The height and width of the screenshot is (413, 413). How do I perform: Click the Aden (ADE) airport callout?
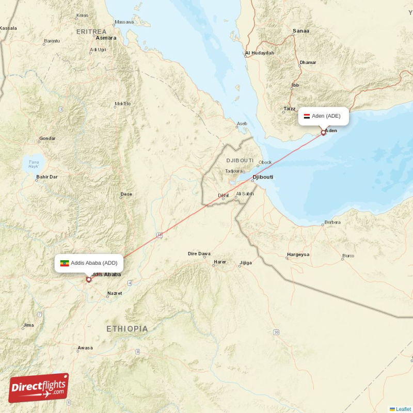click(x=324, y=116)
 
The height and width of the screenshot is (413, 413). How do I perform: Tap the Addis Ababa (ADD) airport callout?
click(x=89, y=263)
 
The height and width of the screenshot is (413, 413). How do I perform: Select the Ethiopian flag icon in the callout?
click(x=65, y=263)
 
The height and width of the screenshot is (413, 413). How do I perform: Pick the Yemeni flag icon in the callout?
click(x=307, y=116)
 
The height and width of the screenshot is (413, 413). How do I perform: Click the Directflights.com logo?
click(x=39, y=388)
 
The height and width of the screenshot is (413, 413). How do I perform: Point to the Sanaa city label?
click(x=301, y=31)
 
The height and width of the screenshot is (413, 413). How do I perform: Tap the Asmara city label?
click(x=106, y=38)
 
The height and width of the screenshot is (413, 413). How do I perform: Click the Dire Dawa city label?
click(x=199, y=253)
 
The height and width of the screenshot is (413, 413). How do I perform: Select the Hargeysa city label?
click(x=298, y=255)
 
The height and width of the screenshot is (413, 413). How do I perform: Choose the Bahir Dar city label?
click(x=46, y=178)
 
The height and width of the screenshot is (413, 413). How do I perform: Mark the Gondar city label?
click(x=47, y=139)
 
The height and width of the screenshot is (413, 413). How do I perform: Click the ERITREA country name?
click(x=91, y=31)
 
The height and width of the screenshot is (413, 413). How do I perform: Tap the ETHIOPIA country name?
click(x=127, y=329)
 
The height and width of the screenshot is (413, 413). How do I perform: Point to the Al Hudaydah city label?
click(x=260, y=53)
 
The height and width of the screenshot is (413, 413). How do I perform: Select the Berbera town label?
click(x=332, y=223)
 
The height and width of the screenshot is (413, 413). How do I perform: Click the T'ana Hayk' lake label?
click(x=34, y=164)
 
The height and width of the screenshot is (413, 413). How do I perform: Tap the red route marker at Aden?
click(x=324, y=133)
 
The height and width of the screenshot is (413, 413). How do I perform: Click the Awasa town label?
click(x=85, y=348)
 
